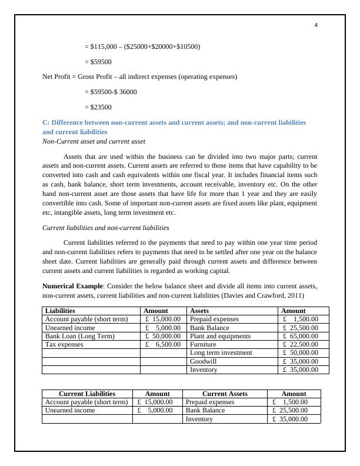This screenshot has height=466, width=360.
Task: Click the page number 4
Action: (316, 25)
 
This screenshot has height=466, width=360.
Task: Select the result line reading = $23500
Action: (98, 107)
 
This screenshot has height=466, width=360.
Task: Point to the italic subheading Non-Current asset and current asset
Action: (94, 142)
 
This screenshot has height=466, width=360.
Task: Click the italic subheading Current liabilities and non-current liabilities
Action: (106, 228)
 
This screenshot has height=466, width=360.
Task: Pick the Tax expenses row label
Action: (65, 344)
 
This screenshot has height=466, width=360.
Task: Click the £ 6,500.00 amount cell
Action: (163, 344)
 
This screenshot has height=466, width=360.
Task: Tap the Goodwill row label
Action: (203, 361)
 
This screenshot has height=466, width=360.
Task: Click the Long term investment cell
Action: (221, 352)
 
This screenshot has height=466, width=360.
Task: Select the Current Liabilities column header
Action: (87, 394)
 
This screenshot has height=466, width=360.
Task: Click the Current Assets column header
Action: (225, 394)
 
